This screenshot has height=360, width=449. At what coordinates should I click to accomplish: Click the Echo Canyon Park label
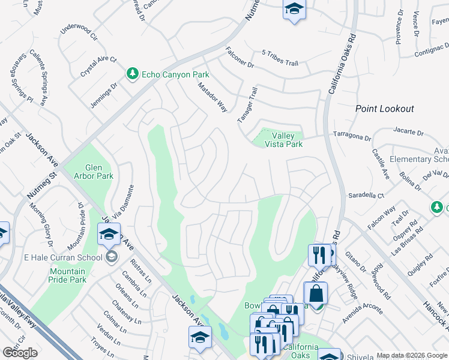[175, 74]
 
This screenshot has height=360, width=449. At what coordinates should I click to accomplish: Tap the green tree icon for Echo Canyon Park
[132, 74]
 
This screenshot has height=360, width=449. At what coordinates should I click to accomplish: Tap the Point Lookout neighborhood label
[384, 109]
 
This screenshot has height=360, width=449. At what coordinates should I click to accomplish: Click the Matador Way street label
[212, 97]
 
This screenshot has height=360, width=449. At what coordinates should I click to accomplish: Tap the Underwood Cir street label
[79, 32]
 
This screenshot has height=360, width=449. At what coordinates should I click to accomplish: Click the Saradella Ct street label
[366, 196]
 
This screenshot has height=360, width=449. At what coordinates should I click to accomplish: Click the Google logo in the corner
[20, 353]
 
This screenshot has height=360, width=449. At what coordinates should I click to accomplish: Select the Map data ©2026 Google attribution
[412, 355]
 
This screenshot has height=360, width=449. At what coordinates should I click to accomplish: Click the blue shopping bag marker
[315, 295]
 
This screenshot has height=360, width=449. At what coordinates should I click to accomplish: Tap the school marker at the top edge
[294, 9]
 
